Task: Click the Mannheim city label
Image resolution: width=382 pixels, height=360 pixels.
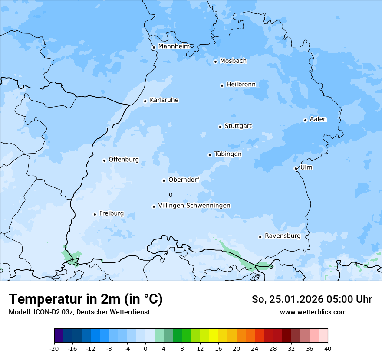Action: click(174, 46)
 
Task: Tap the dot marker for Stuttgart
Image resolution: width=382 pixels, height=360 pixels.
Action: click(220, 127)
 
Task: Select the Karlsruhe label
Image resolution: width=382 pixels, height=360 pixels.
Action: click(164, 100)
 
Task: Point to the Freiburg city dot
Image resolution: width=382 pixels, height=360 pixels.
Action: click(95, 214)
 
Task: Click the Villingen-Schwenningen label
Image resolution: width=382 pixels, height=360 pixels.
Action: click(194, 206)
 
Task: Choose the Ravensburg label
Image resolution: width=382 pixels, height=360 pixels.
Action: click(283, 236)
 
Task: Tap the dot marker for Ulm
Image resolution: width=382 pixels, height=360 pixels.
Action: click(296, 168)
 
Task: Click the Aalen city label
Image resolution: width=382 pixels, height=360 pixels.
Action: click(318, 119)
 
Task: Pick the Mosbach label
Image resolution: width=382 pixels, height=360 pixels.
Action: click(233, 61)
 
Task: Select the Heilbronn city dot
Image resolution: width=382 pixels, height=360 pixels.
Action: click(222, 85)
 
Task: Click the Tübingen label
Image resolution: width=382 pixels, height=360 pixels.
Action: click(228, 154)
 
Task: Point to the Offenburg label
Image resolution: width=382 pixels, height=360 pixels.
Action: click(124, 160)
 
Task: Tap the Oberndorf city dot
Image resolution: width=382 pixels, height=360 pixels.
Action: click(164, 180)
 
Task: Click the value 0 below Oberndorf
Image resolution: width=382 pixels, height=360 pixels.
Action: click(171, 195)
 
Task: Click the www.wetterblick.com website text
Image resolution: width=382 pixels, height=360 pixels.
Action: click(313, 312)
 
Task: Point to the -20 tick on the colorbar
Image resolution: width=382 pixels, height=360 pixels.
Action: click(54, 349)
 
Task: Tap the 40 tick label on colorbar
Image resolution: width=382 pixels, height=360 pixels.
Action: click(328, 349)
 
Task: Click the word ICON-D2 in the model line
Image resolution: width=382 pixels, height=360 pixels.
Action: click(45, 312)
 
